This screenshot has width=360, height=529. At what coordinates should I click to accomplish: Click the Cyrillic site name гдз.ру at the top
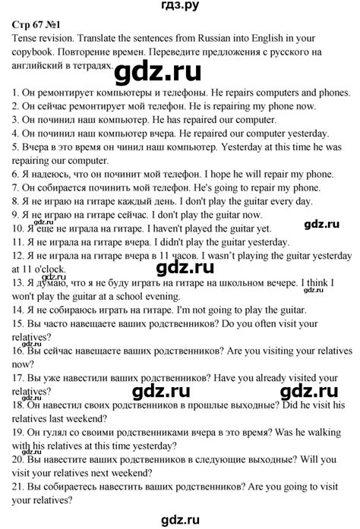[x=180, y=8]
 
